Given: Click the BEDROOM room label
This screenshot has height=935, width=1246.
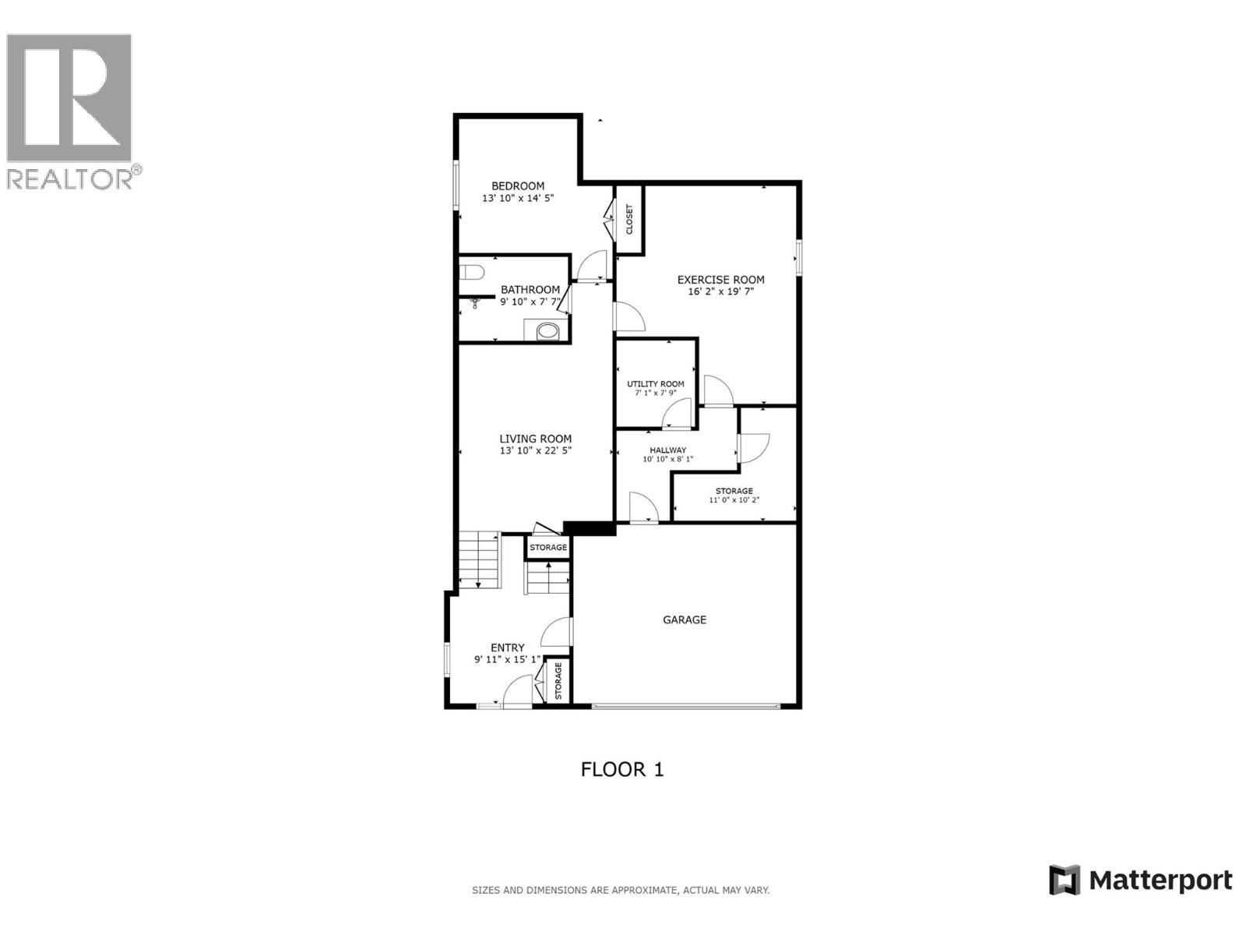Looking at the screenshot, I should pyautogui.click(x=518, y=186).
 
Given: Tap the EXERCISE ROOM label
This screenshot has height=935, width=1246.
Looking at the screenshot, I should pyautogui.click(x=720, y=280).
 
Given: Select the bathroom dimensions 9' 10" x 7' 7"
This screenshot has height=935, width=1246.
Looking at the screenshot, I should pyautogui.click(x=530, y=302).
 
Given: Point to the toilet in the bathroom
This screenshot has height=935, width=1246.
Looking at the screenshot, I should pyautogui.click(x=471, y=272).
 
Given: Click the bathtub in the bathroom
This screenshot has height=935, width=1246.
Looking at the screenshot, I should pyautogui.click(x=548, y=331).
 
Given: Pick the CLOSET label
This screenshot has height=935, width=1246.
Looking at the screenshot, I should pyautogui.click(x=629, y=220).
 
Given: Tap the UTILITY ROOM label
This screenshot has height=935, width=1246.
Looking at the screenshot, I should pyautogui.click(x=656, y=384).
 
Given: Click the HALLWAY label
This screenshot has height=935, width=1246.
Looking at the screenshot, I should pyautogui.click(x=668, y=450).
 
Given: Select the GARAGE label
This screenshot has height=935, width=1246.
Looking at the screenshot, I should pyautogui.click(x=685, y=620).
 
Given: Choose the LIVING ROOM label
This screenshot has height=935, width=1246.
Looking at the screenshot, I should pyautogui.click(x=536, y=439).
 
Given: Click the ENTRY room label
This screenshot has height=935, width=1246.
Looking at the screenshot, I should pyautogui.click(x=508, y=647).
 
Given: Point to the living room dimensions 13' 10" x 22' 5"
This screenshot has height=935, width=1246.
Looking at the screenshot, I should pyautogui.click(x=536, y=450).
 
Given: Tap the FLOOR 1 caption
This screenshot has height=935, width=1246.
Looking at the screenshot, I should pyautogui.click(x=622, y=770).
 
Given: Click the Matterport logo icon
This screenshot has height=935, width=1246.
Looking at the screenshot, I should pyautogui.click(x=1064, y=880).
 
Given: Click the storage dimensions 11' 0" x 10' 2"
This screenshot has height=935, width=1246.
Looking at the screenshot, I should pyautogui.click(x=734, y=500).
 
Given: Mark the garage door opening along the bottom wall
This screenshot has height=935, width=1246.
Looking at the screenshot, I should pyautogui.click(x=685, y=707).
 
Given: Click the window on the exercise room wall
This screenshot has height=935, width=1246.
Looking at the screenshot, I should pyautogui.click(x=798, y=257).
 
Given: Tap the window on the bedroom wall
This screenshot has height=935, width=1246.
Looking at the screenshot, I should pyautogui.click(x=457, y=185).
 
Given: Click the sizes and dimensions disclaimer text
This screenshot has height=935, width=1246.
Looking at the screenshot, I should pyautogui.click(x=621, y=890).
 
